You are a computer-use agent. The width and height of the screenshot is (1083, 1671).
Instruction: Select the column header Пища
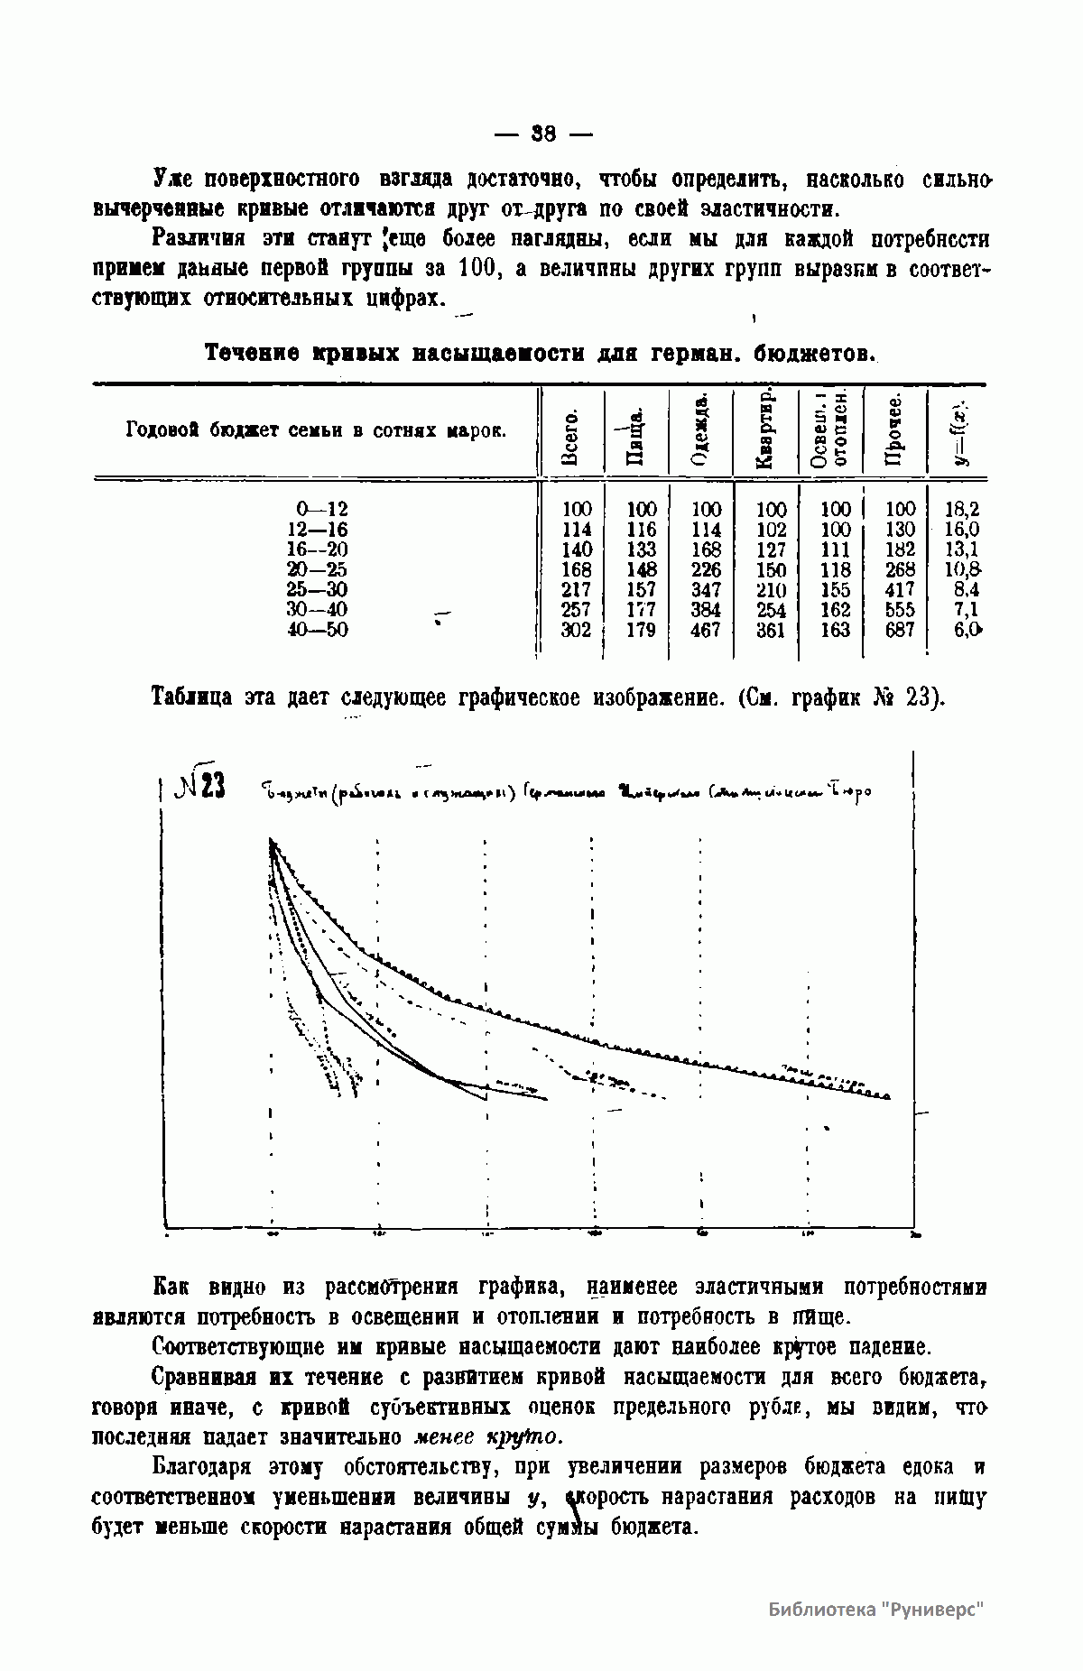tap(636, 431)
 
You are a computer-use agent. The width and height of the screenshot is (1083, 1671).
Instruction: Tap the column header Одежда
tap(700, 431)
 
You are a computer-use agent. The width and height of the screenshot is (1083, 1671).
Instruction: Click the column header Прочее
tap(894, 431)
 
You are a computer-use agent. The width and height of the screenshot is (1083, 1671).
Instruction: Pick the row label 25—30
tap(317, 589)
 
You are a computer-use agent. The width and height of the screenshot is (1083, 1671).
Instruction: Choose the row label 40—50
tap(317, 630)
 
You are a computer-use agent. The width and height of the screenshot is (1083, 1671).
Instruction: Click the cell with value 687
tap(900, 630)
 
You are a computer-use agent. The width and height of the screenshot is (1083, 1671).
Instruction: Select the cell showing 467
tap(705, 630)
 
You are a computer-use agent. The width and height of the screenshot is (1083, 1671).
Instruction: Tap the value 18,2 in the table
tap(962, 509)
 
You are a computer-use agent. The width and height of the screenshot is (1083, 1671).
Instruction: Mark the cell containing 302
tap(576, 630)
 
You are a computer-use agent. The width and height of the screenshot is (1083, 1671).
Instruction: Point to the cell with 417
tap(900, 589)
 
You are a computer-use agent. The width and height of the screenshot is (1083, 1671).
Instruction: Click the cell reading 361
tap(771, 630)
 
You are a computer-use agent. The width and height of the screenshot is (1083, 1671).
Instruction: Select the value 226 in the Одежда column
tap(705, 569)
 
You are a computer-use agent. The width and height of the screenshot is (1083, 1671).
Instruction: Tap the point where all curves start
tap(271, 841)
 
